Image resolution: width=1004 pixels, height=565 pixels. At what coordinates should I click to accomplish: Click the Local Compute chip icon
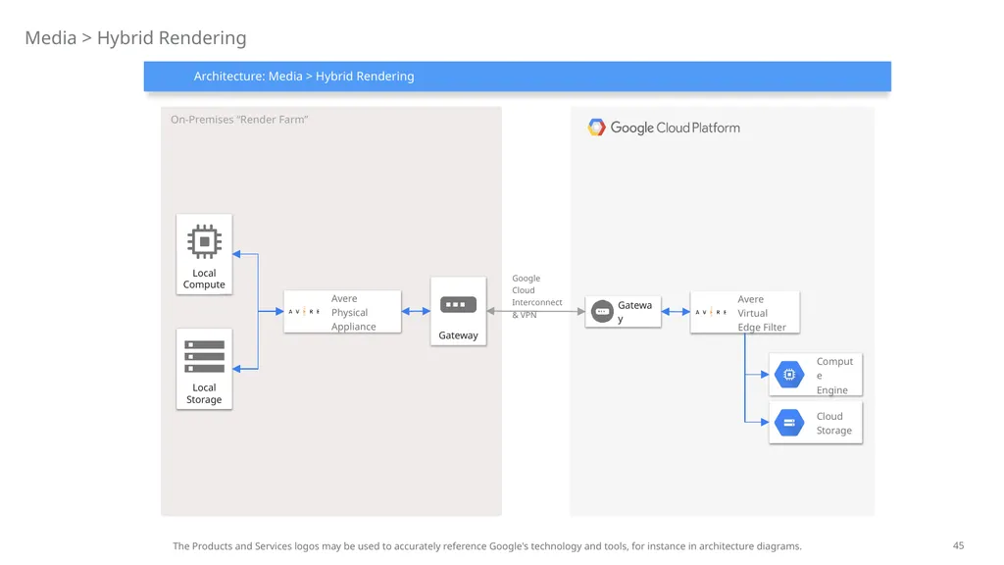tap(204, 241)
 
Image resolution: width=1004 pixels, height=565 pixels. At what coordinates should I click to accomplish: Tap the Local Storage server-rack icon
tap(204, 356)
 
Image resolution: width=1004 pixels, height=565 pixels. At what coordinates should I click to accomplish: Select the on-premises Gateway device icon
tap(459, 304)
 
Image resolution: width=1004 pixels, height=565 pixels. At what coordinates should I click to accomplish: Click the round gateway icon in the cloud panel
tap(602, 311)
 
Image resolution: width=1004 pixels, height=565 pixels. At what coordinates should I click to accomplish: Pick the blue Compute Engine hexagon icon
tap(789, 375)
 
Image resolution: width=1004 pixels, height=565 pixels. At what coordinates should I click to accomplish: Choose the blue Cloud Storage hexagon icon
tap(789, 423)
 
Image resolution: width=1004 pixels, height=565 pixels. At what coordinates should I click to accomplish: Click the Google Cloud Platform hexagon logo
tap(596, 128)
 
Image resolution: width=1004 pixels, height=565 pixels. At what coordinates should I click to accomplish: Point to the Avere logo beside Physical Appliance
tap(304, 312)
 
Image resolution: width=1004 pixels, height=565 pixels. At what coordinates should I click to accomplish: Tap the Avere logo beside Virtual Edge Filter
tap(711, 312)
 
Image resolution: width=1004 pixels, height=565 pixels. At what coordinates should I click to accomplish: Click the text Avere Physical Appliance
tap(353, 313)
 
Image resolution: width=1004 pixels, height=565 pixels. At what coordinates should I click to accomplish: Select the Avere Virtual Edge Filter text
tap(761, 313)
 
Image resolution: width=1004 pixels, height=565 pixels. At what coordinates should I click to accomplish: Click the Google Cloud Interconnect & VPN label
tap(536, 296)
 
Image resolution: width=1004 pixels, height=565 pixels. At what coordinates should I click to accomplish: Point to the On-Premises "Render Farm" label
tap(239, 120)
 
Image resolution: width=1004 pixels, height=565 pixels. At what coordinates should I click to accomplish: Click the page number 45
tap(958, 545)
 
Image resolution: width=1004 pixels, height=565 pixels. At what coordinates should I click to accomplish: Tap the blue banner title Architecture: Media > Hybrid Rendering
tap(304, 77)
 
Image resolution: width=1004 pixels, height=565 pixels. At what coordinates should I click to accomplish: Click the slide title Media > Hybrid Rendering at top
tap(135, 38)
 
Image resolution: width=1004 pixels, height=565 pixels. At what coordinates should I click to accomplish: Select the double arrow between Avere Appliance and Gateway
tap(416, 311)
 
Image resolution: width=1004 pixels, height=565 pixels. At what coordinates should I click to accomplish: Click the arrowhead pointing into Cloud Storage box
tap(765, 422)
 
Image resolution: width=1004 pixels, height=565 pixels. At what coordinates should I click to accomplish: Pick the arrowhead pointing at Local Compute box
tap(237, 254)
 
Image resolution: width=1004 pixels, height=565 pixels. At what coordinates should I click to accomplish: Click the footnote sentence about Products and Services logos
tap(487, 546)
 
